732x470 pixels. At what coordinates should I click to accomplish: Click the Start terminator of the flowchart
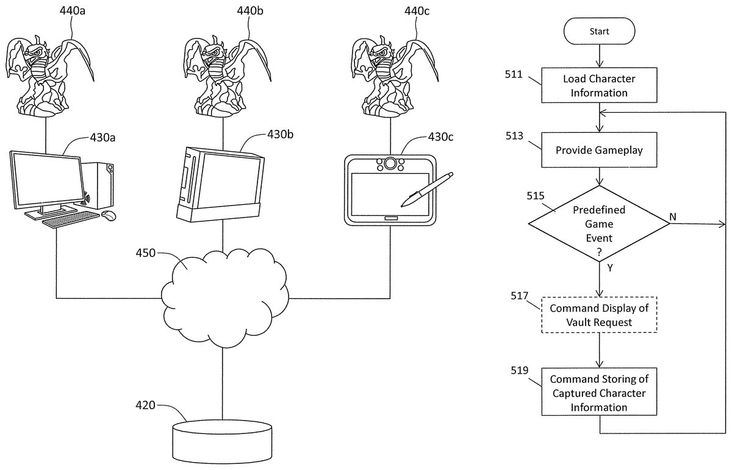click(x=599, y=30)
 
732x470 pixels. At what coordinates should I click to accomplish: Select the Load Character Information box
click(x=599, y=85)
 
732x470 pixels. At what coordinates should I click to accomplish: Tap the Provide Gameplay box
click(x=599, y=149)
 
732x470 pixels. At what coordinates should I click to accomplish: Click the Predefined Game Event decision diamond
click(x=599, y=223)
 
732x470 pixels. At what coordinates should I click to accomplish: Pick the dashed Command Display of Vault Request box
click(x=599, y=315)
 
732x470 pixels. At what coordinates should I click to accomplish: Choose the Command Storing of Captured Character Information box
click(x=599, y=393)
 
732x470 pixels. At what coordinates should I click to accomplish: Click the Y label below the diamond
click(x=609, y=267)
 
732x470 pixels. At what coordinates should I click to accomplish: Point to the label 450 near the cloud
click(x=145, y=254)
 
